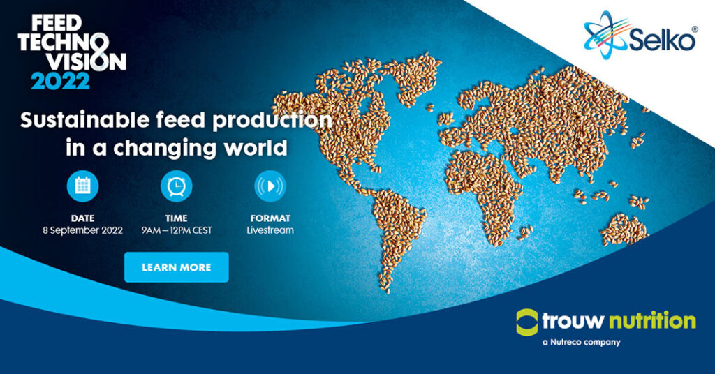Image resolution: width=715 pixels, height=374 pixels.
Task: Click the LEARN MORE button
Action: pyautogui.click(x=177, y=267)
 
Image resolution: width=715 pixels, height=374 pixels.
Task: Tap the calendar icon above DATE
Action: pyautogui.click(x=82, y=186)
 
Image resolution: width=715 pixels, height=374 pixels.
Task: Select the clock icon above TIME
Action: pyautogui.click(x=177, y=186)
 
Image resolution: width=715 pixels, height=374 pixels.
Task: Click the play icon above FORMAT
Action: pyautogui.click(x=270, y=186)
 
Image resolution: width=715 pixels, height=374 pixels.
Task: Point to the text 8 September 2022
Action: pyautogui.click(x=82, y=230)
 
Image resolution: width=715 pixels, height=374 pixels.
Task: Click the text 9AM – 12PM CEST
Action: pyautogui.click(x=177, y=230)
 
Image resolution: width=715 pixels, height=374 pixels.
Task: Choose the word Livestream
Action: pyautogui.click(x=270, y=230)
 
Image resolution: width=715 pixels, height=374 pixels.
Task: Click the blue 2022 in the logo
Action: pyautogui.click(x=60, y=81)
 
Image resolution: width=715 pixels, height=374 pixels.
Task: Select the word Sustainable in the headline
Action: pyautogui.click(x=84, y=120)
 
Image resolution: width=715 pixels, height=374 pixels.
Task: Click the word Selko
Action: pyautogui.click(x=662, y=40)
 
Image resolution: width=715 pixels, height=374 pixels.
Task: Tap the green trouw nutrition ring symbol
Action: pyautogui.click(x=527, y=322)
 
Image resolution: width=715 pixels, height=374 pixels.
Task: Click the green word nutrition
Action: pyautogui.click(x=653, y=321)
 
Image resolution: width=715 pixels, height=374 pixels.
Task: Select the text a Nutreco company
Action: pyautogui.click(x=582, y=342)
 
